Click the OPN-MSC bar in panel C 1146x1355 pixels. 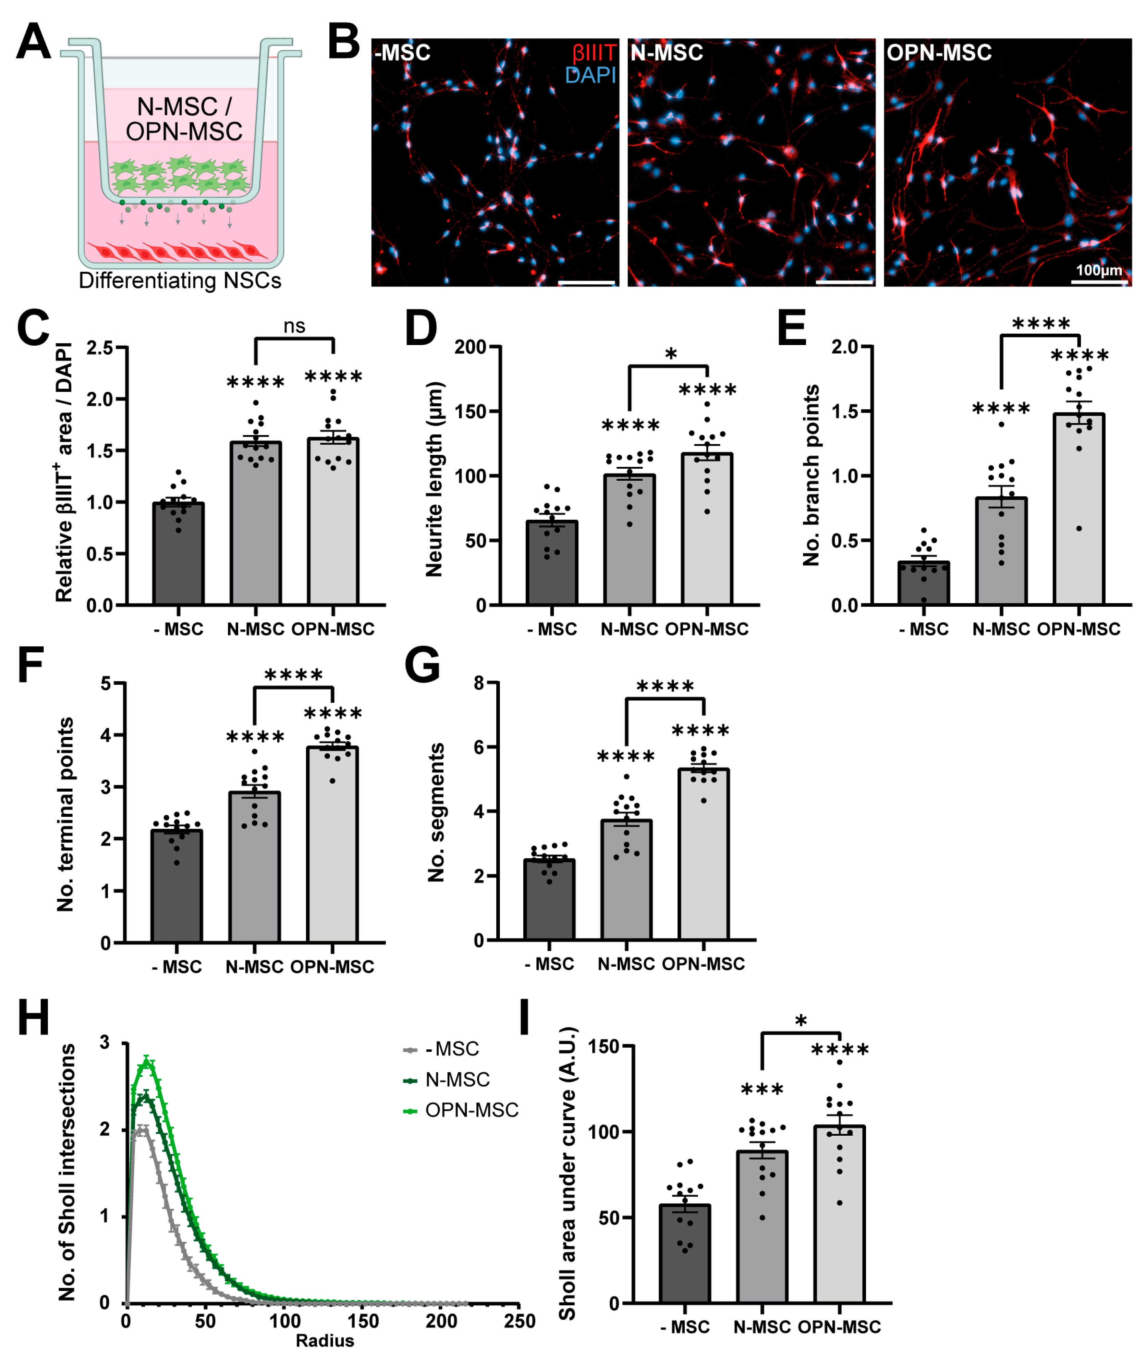[x=333, y=523]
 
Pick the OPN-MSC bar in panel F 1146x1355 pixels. [x=332, y=845]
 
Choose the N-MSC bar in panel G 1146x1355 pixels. [x=626, y=880]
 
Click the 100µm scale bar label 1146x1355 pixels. [x=1099, y=270]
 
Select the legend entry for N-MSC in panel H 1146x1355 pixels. [x=457, y=1080]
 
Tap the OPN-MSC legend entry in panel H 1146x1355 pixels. [x=471, y=1110]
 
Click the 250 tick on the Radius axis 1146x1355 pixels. [x=519, y=1321]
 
